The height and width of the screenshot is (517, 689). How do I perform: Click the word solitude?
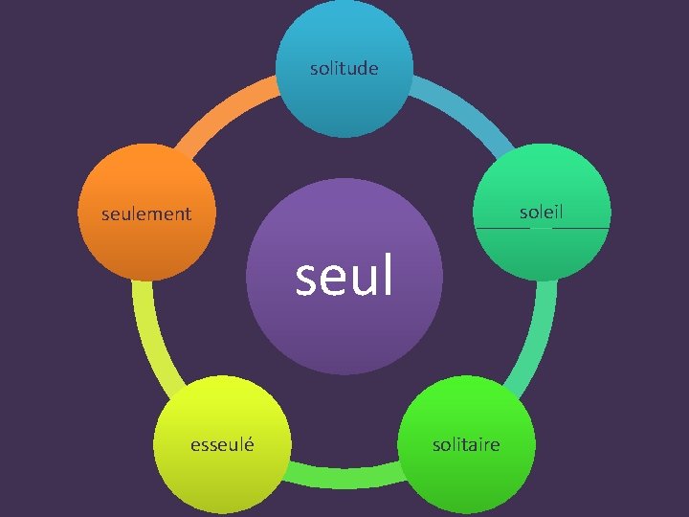[x=344, y=68]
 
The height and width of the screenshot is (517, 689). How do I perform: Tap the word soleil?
[x=542, y=212]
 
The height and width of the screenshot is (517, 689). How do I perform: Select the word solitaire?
[x=466, y=444]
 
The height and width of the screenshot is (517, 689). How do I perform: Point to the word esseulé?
[x=222, y=444]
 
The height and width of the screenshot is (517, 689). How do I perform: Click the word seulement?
[x=146, y=214]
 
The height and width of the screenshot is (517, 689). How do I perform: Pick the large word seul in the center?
[x=344, y=277]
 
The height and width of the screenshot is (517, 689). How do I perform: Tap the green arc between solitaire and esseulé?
[x=344, y=474]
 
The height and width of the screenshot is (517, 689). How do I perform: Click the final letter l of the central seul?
[x=388, y=277]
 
